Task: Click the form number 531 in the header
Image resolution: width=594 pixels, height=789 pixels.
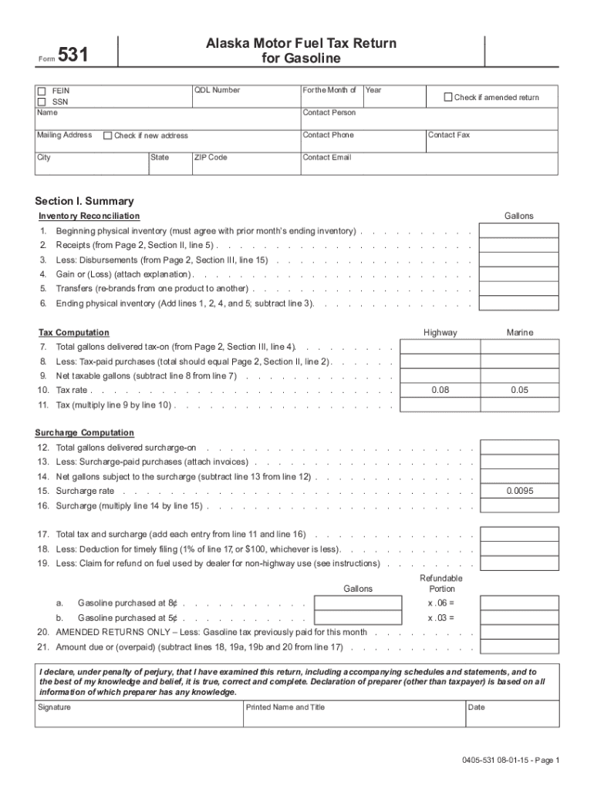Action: (73, 55)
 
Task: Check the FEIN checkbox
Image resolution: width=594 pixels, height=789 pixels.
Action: (42, 91)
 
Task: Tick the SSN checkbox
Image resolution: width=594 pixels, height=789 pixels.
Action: (42, 102)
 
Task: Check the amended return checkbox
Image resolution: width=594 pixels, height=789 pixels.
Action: (447, 97)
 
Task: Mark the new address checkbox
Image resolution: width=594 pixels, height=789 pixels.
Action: (107, 136)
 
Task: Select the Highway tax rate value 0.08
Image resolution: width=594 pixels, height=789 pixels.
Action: (440, 391)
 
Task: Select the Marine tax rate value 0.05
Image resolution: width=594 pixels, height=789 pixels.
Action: (519, 391)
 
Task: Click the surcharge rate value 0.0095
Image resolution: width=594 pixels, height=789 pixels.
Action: (519, 491)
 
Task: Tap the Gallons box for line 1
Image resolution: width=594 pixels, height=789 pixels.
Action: (519, 231)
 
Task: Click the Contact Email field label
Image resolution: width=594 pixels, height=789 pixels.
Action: (326, 157)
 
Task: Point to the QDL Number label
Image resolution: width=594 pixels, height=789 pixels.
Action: (217, 90)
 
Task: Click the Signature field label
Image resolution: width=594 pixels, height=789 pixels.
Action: (54, 707)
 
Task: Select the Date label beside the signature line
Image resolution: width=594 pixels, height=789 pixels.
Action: (476, 707)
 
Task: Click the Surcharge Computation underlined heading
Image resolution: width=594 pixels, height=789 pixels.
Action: (84, 433)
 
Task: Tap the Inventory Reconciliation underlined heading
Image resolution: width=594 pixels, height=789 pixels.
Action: (89, 217)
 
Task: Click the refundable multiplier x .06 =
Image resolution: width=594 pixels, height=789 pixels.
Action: (441, 603)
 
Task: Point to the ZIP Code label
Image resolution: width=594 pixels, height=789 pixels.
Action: (211, 157)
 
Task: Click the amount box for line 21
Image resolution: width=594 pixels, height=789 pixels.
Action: (519, 647)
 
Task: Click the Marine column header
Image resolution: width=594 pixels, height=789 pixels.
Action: (519, 333)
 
